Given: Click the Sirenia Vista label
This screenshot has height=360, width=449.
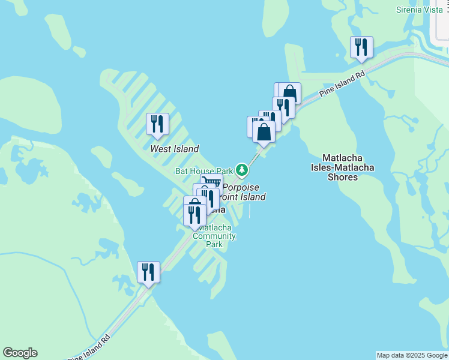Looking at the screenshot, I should point(419,10).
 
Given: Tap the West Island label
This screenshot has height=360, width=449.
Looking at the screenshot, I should point(174,149).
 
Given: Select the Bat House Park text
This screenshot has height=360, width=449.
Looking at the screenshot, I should point(203,171).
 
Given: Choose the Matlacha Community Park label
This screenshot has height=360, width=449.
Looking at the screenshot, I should point(214,236).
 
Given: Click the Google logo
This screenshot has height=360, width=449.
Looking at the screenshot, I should point(20,353).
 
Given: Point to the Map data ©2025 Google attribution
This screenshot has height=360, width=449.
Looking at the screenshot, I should point(412,355).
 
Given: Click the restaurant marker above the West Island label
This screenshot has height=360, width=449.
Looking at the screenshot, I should point(157,124).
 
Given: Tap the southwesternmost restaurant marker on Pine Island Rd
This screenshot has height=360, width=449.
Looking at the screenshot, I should point(148,271).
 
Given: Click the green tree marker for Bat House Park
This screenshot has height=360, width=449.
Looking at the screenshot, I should point(242,171).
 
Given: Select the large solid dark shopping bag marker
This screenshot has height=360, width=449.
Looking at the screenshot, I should point(264,131).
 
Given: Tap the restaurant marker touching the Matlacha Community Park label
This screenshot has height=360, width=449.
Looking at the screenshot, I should point(194,214).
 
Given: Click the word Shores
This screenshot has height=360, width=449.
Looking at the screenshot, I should point(343,177).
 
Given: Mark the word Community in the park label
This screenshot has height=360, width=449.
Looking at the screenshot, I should point(214,236).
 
